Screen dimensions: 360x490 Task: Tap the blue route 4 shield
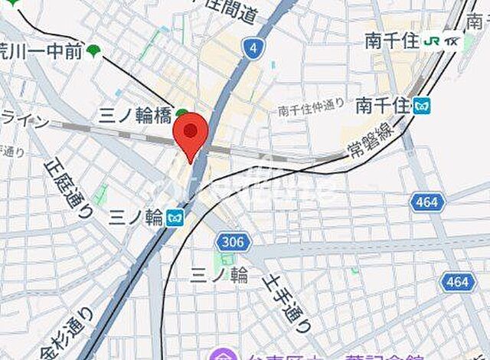coord(251,47)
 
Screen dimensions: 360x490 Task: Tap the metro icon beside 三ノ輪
coord(175,218)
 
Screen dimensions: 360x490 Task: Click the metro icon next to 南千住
coord(421,106)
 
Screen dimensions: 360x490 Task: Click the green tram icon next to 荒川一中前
coord(94,51)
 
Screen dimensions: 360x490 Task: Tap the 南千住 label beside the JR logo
coord(390,40)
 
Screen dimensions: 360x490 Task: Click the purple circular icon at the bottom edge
coord(224,355)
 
